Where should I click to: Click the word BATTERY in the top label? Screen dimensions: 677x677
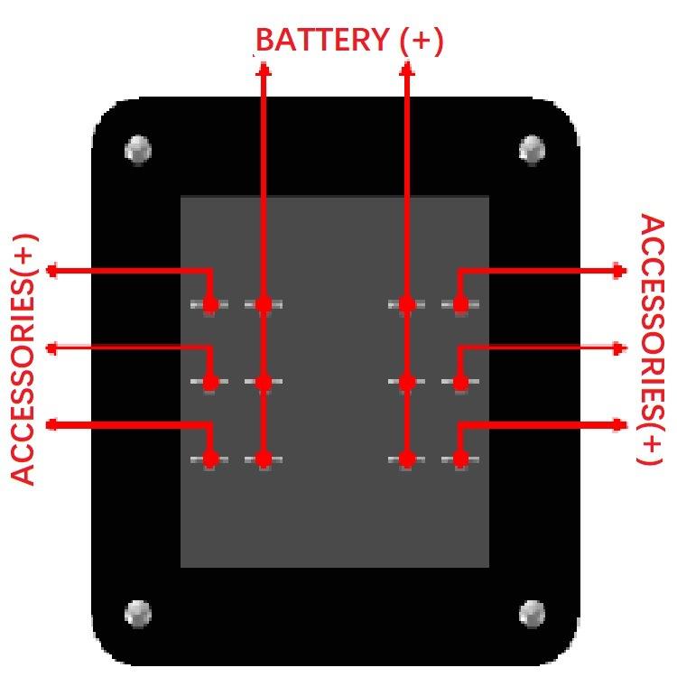(307, 41)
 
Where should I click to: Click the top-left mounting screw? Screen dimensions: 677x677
(138, 149)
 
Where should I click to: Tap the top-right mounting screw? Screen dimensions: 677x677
(533, 149)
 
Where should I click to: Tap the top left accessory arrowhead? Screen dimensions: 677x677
(51, 270)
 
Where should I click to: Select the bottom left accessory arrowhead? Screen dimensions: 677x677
(51, 424)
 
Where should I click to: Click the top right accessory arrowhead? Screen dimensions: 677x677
(620, 270)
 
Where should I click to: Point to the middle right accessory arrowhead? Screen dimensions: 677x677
(620, 348)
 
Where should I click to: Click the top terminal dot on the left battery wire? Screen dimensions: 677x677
(264, 305)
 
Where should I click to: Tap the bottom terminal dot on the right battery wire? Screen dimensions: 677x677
(406, 459)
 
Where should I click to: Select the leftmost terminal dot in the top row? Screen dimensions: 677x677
(210, 305)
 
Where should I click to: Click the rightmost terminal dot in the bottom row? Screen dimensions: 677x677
(460, 459)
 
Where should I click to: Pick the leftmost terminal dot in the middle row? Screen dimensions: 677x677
(210, 383)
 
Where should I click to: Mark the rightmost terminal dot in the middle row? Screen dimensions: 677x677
(460, 383)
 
